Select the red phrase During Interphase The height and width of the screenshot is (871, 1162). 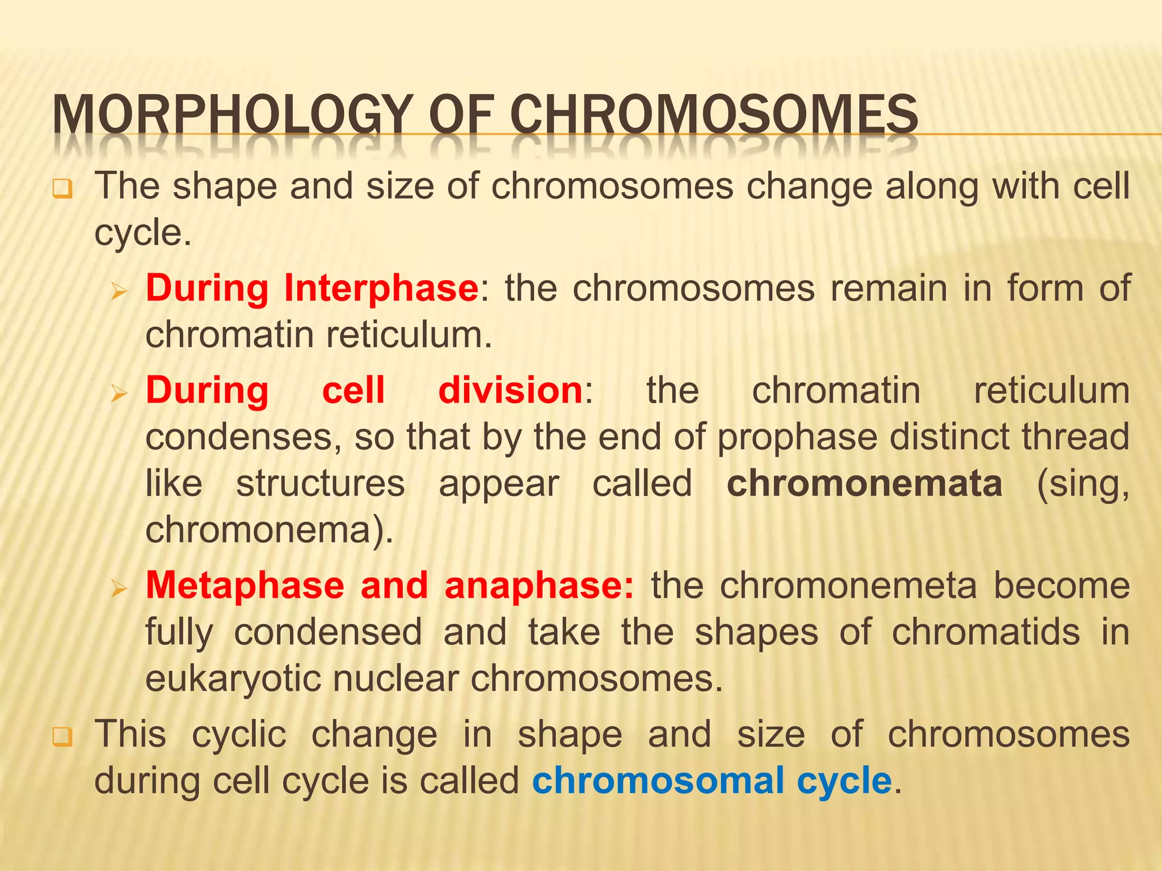312,288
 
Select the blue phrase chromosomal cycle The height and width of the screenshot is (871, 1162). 712,780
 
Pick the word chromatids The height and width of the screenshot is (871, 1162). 986,632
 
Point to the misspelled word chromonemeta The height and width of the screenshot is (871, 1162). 848,585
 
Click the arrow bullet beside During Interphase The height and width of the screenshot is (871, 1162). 119,291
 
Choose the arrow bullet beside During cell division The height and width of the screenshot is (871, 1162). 119,393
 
